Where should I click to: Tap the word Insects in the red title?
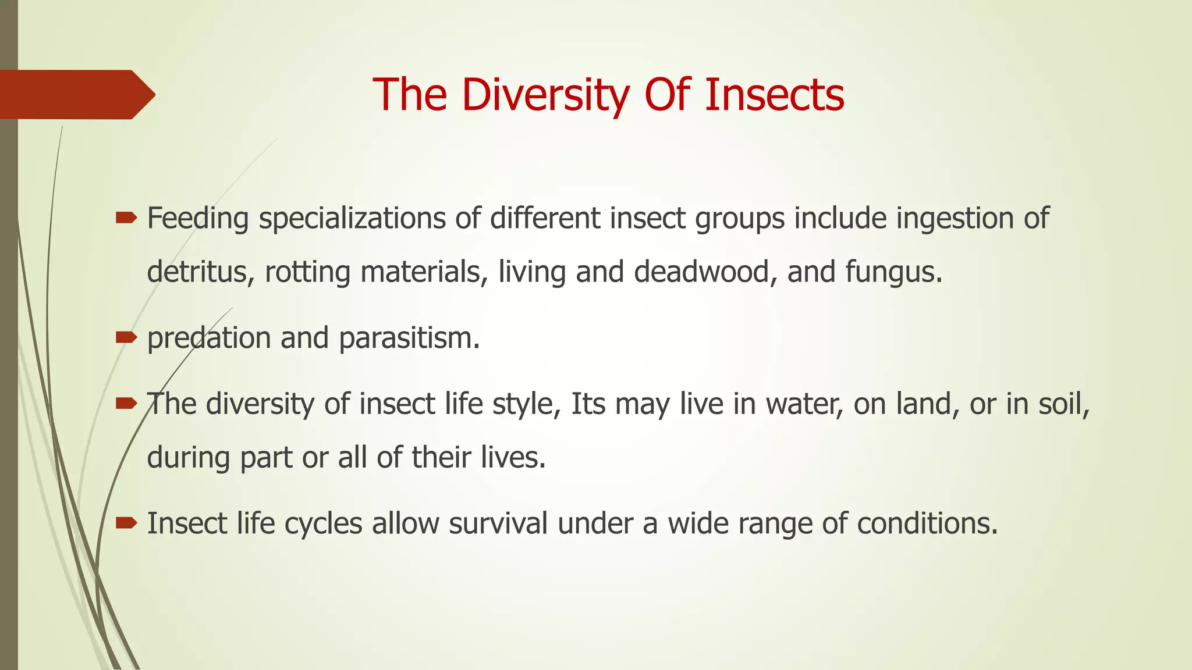[x=774, y=95]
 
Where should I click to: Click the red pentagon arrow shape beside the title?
[x=76, y=95]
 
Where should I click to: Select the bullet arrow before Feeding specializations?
[x=126, y=219]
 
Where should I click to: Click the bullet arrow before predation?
[x=126, y=337]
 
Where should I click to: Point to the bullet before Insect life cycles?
[x=126, y=523]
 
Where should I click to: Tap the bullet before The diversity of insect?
[x=126, y=403]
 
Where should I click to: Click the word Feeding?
[x=198, y=219]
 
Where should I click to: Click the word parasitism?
[x=409, y=338]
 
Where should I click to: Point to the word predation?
[x=209, y=338]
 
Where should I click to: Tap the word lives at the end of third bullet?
[x=513, y=457]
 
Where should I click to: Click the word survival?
[x=498, y=523]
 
